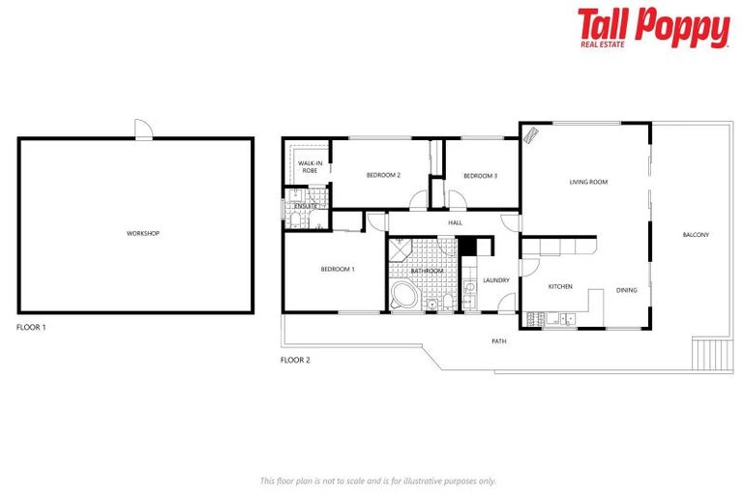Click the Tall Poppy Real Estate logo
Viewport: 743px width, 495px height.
pos(653,28)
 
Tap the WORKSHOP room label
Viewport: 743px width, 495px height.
pos(142,234)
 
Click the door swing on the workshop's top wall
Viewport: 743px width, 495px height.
pos(143,130)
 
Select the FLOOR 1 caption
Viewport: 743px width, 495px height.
pos(31,328)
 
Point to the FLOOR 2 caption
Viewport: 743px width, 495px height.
pos(295,360)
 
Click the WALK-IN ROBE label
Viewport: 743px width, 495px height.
pos(310,166)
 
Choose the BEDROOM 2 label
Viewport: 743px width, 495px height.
pos(383,175)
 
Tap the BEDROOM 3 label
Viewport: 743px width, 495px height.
pos(480,176)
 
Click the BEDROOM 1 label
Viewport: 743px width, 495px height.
pos(338,269)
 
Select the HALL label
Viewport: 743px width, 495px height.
pos(455,223)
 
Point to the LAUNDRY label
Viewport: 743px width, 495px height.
pos(496,280)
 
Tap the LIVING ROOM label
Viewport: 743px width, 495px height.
pos(587,182)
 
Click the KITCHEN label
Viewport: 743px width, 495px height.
pos(561,286)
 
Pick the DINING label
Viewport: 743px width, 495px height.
pos(626,290)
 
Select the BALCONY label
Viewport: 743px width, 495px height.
pos(696,235)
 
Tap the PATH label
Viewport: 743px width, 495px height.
pos(498,341)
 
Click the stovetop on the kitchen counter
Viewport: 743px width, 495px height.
pos(536,318)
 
